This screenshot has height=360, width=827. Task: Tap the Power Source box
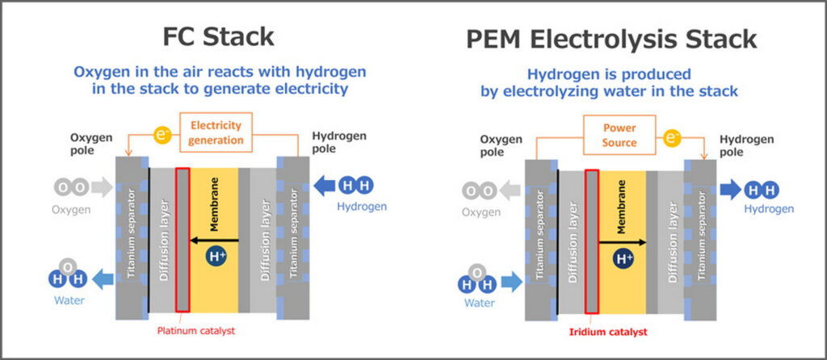[x=620, y=136]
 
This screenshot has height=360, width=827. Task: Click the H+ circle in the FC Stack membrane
[x=216, y=257]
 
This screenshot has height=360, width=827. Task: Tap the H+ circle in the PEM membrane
[x=623, y=259]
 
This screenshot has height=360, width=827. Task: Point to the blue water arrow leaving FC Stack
[x=103, y=279]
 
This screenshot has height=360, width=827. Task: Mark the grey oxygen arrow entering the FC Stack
[x=102, y=186]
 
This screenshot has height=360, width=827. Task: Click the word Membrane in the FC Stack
[x=215, y=208]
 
